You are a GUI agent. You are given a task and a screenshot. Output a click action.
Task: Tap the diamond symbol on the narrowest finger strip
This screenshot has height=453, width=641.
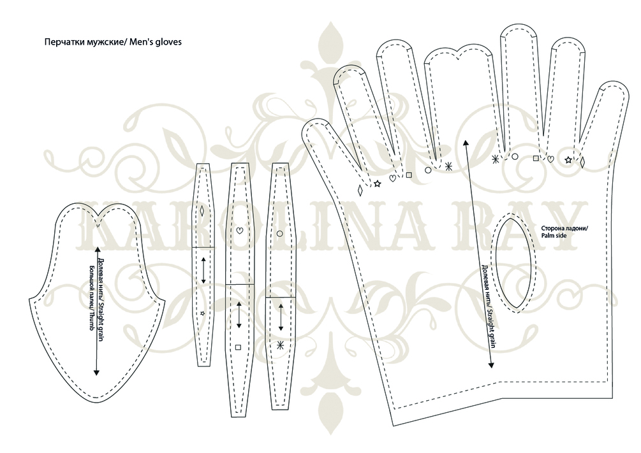click(203, 211)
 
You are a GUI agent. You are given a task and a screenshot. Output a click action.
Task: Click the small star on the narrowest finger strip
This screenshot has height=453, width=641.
click(203, 313)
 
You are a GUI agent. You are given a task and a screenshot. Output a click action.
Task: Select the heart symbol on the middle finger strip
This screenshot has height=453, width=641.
click(239, 231)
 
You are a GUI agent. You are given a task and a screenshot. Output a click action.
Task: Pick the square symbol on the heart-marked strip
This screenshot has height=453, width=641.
click(239, 347)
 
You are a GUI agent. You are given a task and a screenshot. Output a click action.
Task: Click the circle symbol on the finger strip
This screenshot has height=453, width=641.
click(280, 234)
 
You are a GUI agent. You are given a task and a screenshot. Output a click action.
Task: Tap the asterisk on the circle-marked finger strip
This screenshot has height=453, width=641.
click(280, 345)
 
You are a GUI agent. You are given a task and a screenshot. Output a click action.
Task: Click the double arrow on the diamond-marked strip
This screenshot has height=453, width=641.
click(203, 270)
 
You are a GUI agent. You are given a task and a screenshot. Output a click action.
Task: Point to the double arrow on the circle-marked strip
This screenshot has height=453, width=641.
click(281, 315)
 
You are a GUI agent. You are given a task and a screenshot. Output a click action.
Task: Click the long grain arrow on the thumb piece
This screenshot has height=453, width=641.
click(97, 310)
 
